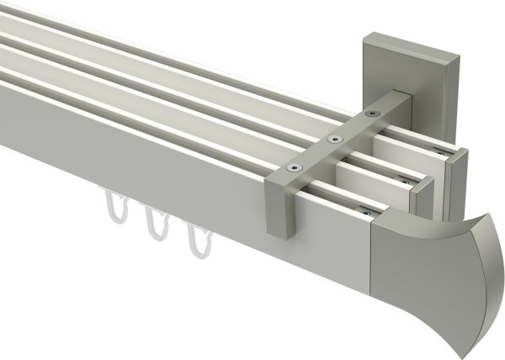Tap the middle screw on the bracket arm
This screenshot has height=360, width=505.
pos(335,140)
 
